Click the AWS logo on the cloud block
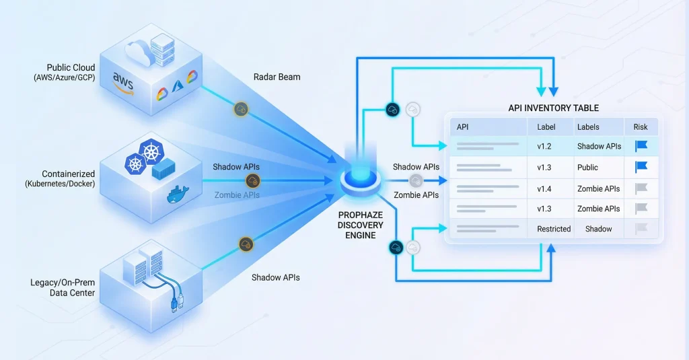pos(123,83)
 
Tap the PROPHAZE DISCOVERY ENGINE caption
pos(361,225)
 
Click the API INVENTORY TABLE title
pos(553,108)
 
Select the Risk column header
pos(640,127)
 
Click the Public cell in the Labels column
pos(587,167)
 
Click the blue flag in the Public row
pos(641,167)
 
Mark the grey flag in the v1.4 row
pos(641,188)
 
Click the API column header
pos(463,127)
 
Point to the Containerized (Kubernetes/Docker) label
pos(59,179)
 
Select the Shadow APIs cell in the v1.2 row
pos(598,145)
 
